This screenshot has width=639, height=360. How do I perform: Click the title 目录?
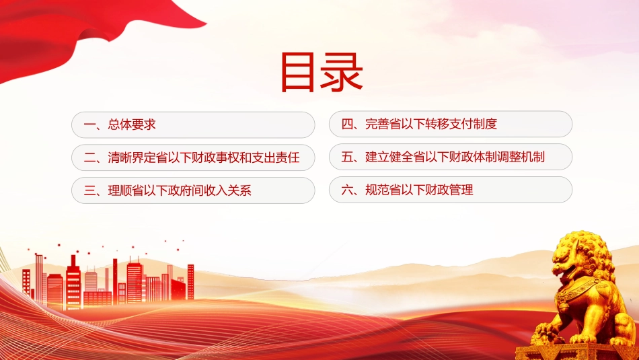(322, 72)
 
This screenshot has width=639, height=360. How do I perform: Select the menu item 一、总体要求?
(193, 124)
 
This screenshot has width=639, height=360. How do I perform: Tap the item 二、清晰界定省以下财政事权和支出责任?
(193, 157)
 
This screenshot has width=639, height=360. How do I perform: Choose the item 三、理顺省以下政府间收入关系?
(193, 190)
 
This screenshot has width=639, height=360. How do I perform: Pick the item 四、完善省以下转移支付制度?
(450, 124)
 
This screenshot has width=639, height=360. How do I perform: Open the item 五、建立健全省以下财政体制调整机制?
(450, 157)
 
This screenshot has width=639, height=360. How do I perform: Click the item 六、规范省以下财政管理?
(450, 190)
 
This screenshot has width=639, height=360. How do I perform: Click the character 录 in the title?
(342, 73)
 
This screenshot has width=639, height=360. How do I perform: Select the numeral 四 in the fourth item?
(347, 124)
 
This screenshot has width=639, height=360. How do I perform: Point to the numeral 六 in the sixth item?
(347, 190)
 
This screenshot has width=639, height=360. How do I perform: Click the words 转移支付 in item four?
(449, 124)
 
